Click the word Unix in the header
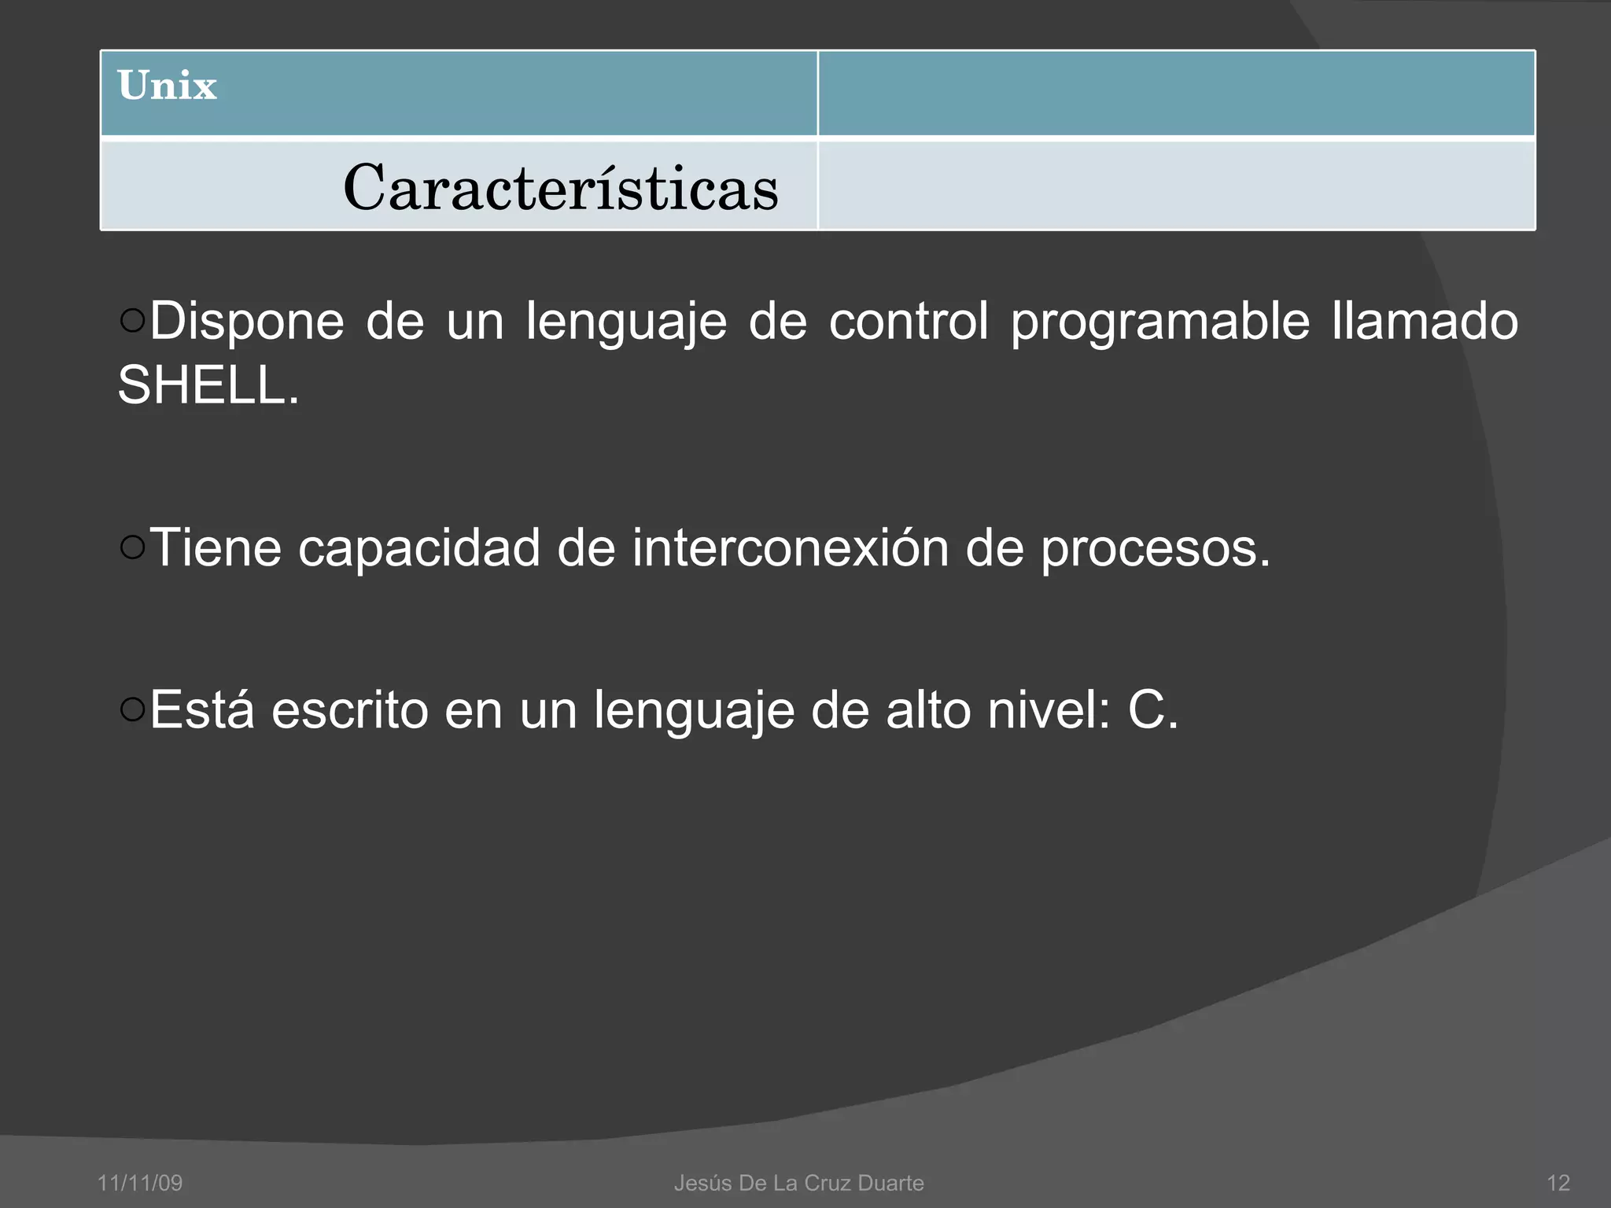coord(167,86)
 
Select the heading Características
coord(560,189)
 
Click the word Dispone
coord(246,322)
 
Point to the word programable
coord(1159,322)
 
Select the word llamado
coord(1424,322)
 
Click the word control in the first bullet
coord(908,322)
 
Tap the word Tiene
coord(216,548)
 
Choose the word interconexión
coord(790,548)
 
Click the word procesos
coord(1155,548)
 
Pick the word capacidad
coord(418,548)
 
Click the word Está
coord(202,710)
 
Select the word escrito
coord(349,710)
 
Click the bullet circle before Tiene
coord(133,547)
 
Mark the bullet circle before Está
coord(133,709)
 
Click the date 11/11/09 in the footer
coord(139,1183)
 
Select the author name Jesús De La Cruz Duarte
coord(798,1183)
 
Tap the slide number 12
coord(1558,1183)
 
